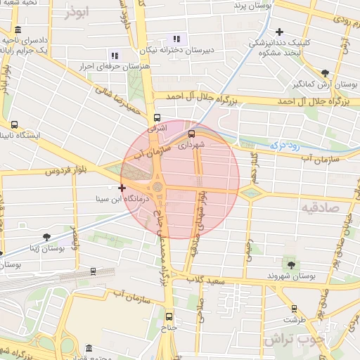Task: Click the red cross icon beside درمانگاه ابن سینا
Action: pyautogui.click(x=122, y=188)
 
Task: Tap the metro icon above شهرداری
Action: pyautogui.click(x=191, y=134)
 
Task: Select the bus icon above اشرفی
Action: pyautogui.click(x=157, y=118)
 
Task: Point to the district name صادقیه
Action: pyautogui.click(x=320, y=208)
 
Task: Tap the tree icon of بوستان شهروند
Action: pyautogui.click(x=291, y=264)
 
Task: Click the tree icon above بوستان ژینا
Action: pyautogui.click(x=46, y=237)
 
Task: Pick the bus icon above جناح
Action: pyautogui.click(x=169, y=316)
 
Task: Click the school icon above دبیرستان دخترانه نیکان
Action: pyautogui.click(x=176, y=39)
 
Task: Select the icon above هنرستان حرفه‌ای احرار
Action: pyautogui.click(x=115, y=56)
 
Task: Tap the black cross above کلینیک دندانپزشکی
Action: pyautogui.click(x=280, y=32)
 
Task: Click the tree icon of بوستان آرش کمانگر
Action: pyautogui.click(x=324, y=73)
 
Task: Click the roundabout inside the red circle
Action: pyautogui.click(x=157, y=187)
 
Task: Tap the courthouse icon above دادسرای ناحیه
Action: pyautogui.click(x=18, y=30)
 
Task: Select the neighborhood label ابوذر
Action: pyautogui.click(x=76, y=13)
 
